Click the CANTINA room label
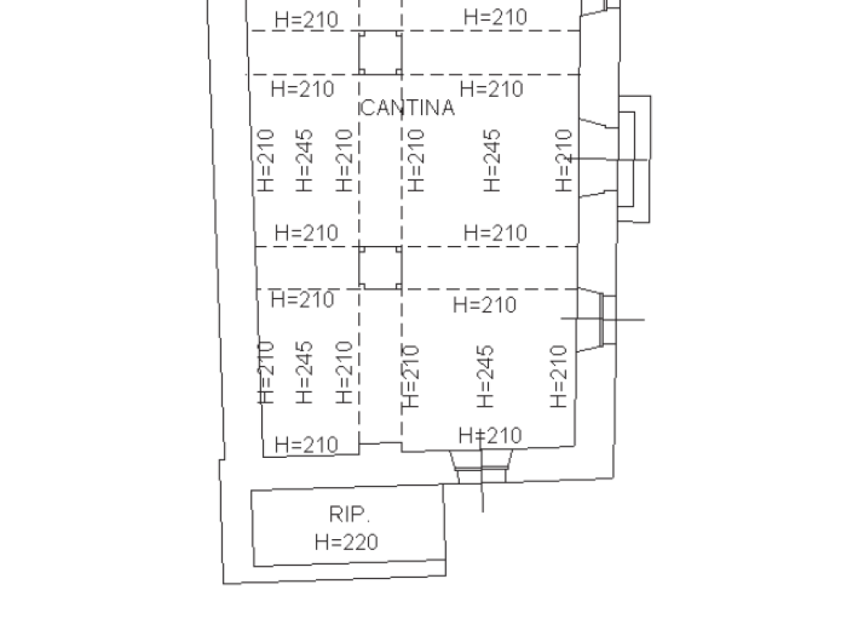click(x=408, y=108)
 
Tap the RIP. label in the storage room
click(x=346, y=514)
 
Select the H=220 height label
click(x=346, y=542)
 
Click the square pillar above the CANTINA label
click(x=380, y=52)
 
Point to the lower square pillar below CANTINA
click(x=380, y=267)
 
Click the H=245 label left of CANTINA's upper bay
click(x=304, y=160)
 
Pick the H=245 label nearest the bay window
click(x=492, y=160)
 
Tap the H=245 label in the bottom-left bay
click(x=304, y=372)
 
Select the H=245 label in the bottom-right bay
click(x=486, y=376)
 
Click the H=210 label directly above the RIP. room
click(x=306, y=445)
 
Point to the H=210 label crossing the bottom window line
click(x=490, y=436)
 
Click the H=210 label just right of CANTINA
click(x=491, y=89)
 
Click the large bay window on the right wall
click(x=633, y=158)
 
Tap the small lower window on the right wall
click(x=607, y=319)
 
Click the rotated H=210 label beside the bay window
click(x=564, y=160)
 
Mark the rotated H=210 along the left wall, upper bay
click(x=266, y=160)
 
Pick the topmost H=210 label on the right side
click(x=495, y=17)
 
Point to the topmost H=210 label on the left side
click(x=306, y=20)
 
